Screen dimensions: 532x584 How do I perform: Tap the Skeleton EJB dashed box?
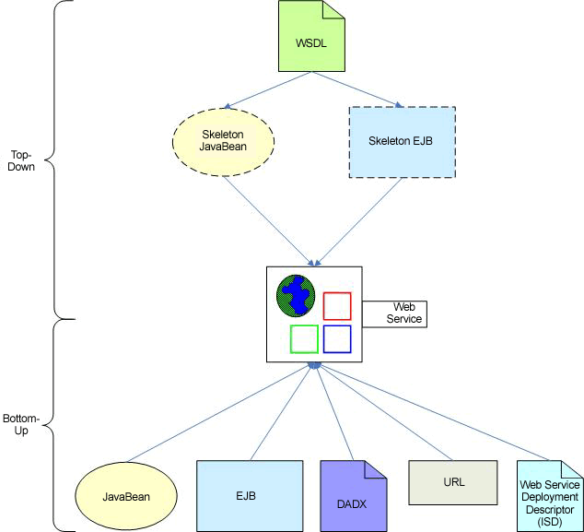click(x=402, y=141)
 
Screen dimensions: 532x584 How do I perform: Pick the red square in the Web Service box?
click(x=337, y=305)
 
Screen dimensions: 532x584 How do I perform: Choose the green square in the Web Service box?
click(x=304, y=338)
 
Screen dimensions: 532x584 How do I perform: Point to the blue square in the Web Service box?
click(x=337, y=338)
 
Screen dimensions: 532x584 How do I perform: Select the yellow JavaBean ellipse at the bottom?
click(x=126, y=496)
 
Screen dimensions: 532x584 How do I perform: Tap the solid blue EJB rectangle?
click(x=250, y=495)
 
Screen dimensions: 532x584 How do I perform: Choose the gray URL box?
click(x=453, y=482)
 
